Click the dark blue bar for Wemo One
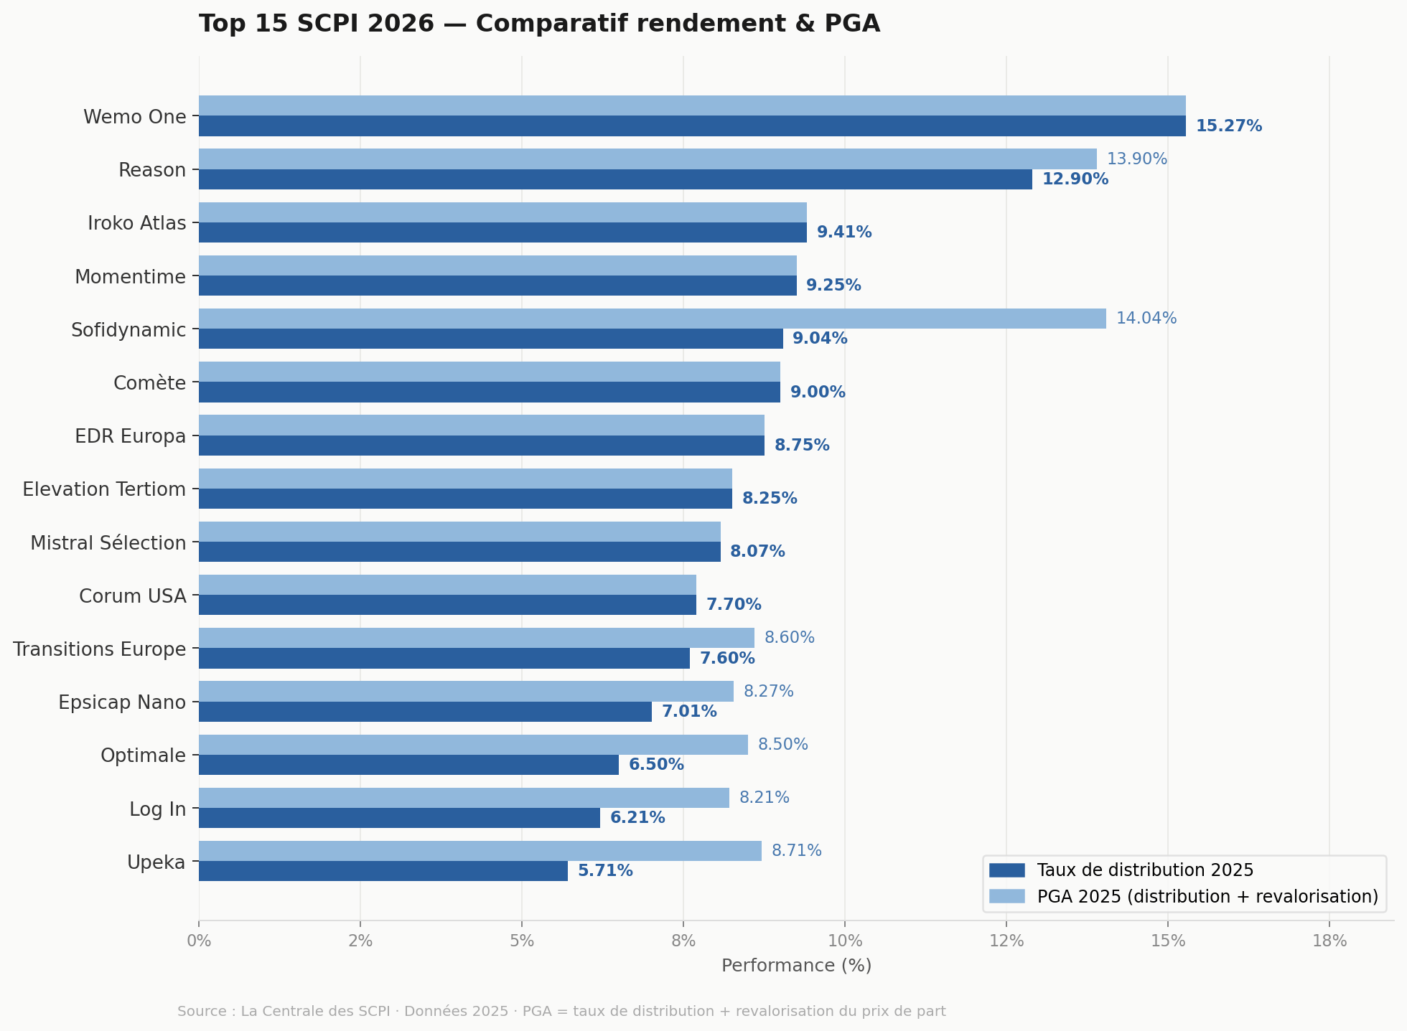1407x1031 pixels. coord(691,126)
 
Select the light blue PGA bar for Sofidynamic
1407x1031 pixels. coord(652,319)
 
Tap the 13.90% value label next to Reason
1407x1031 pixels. coord(1136,159)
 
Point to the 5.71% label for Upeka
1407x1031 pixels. coord(605,871)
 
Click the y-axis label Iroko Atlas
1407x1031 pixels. coord(136,223)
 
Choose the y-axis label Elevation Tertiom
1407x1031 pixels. coord(104,489)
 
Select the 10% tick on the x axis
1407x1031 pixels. coord(845,941)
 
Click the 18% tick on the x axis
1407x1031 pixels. coord(1329,941)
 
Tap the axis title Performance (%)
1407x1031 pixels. coord(796,966)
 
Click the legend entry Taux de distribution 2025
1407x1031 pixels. coord(1145,870)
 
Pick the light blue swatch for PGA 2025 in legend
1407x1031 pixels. coord(1006,896)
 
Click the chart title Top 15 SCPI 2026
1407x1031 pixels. coord(539,24)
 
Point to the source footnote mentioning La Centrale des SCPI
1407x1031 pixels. coord(561,1012)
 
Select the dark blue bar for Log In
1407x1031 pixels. coord(399,818)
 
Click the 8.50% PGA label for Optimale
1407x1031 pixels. coord(782,745)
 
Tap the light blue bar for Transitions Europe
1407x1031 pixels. coord(476,638)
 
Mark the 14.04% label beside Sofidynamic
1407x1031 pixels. coord(1146,319)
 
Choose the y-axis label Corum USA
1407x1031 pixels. coord(132,596)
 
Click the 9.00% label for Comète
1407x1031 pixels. coord(818,392)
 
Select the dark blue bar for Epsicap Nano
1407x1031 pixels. coord(425,712)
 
